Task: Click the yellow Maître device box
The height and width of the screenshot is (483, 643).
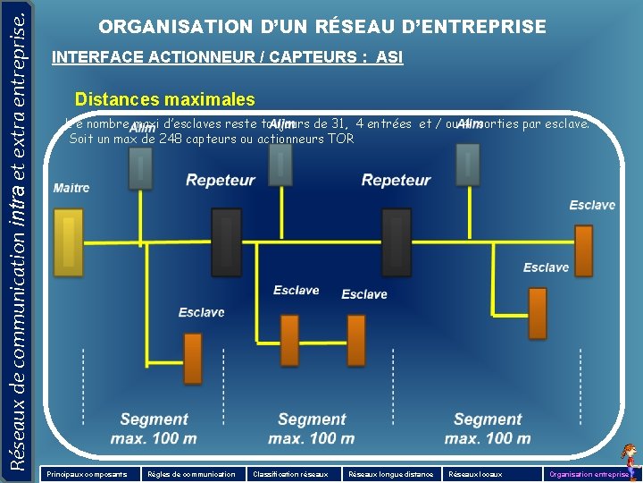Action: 68,241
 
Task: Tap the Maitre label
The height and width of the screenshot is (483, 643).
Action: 71,189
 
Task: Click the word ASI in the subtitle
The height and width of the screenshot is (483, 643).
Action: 389,58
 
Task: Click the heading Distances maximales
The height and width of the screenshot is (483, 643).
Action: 165,100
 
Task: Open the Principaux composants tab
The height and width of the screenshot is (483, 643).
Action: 87,474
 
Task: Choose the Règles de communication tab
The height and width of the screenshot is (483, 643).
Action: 191,474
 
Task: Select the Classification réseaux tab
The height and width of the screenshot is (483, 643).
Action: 291,474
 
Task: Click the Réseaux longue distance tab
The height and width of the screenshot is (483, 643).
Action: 391,474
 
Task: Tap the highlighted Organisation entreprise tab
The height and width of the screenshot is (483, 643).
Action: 589,474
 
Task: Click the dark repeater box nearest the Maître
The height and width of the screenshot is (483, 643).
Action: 226,242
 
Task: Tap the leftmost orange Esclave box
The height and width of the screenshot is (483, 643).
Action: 192,358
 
